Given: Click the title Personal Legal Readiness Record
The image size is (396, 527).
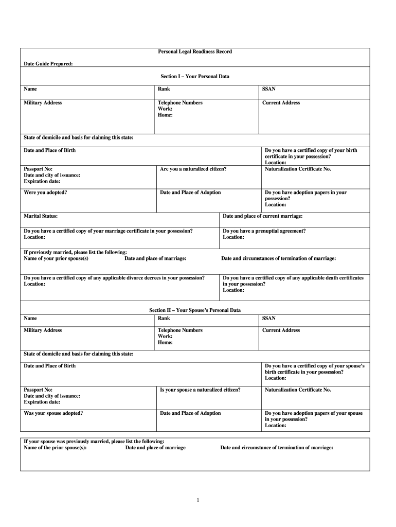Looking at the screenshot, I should pyautogui.click(x=195, y=51).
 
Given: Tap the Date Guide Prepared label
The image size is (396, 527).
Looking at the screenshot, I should pyautogui.click(x=48, y=63).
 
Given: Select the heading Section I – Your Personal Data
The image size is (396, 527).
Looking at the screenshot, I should pyautogui.click(x=195, y=76).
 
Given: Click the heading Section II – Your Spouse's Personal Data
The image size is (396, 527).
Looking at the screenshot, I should pyautogui.click(x=195, y=310).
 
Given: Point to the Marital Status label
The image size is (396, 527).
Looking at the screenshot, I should pyautogui.click(x=41, y=216).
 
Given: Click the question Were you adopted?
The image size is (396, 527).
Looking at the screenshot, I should pyautogui.click(x=45, y=192).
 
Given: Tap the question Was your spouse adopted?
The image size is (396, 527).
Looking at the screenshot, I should pyautogui.click(x=53, y=413).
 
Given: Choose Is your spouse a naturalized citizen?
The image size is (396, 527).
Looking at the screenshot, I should pyautogui.click(x=200, y=390).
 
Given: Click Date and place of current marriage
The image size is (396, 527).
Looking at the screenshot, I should pyautogui.click(x=262, y=216).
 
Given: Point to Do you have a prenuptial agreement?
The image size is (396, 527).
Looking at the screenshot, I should pyautogui.click(x=264, y=231).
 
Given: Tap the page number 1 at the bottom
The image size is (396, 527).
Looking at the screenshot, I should pyautogui.click(x=198, y=500).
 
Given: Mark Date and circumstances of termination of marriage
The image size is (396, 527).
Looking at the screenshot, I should pyautogui.click(x=278, y=258).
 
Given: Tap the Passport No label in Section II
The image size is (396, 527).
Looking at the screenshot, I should pyautogui.click(x=38, y=390).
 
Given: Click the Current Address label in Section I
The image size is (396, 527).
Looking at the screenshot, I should pyautogui.click(x=281, y=102).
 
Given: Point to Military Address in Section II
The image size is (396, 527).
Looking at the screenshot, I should pyautogui.click(x=43, y=330).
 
